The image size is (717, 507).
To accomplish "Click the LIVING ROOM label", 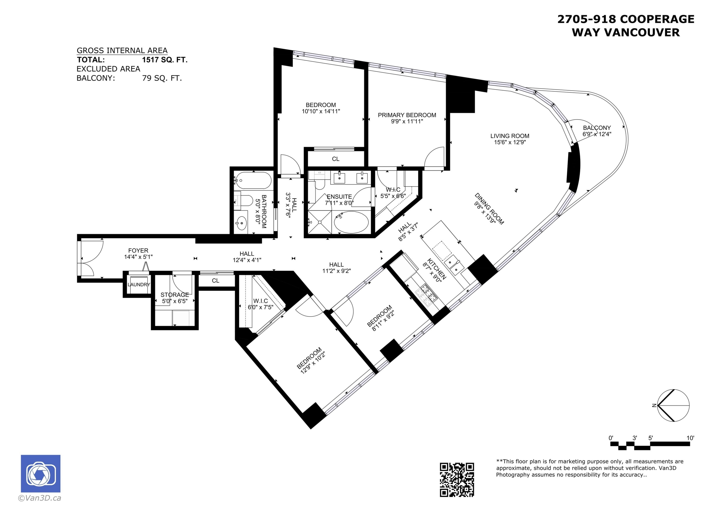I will click(509, 136).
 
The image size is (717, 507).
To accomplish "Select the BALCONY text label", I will click(597, 128).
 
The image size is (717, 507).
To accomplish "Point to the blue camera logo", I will click(41, 474).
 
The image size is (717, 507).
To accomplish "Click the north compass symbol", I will click(673, 405).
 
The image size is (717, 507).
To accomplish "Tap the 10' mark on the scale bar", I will click(690, 438).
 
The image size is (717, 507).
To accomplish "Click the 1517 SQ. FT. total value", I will click(165, 60).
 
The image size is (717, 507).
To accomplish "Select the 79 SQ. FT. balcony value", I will click(162, 78).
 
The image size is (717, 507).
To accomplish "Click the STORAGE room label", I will click(174, 294).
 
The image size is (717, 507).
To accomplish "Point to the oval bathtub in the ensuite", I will click(351, 222).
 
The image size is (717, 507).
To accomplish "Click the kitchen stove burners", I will click(427, 294).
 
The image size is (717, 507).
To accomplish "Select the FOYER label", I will click(138, 251).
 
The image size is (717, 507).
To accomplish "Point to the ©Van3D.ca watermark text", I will click(40, 498).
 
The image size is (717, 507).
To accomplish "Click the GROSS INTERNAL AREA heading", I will click(122, 50).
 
